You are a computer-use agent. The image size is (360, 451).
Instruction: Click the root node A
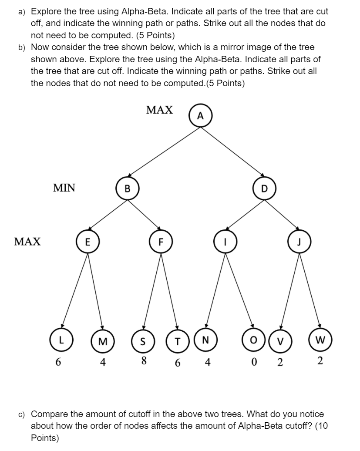[x=200, y=116]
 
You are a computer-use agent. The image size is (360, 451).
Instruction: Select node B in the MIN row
[x=127, y=188]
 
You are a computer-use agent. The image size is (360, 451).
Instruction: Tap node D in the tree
[x=264, y=188]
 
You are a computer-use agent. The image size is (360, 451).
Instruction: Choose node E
[x=87, y=242]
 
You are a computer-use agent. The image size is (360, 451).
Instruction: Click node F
[x=161, y=242]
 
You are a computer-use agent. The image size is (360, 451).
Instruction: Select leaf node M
[x=103, y=340]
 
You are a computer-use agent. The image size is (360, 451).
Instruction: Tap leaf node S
[x=142, y=340]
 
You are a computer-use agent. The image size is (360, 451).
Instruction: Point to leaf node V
[x=280, y=340]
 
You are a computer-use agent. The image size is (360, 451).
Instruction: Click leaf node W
[x=320, y=339]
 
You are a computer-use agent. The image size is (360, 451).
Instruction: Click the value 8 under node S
[x=142, y=361]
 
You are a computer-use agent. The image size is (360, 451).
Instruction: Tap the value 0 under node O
[x=252, y=362]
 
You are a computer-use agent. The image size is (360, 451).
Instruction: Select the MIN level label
[x=64, y=188]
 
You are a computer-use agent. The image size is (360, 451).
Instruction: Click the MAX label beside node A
[x=159, y=110]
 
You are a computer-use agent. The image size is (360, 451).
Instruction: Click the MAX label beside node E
[x=27, y=242]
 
